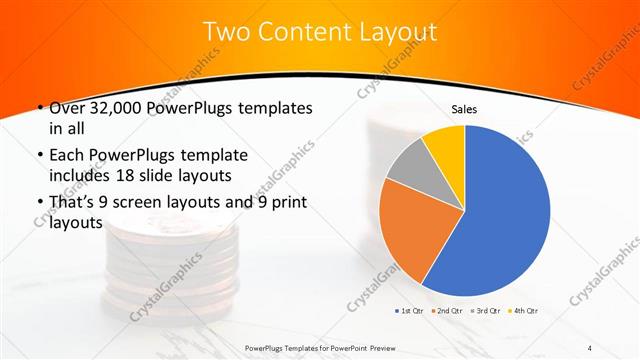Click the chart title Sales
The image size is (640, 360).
464,109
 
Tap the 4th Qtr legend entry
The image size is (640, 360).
527,312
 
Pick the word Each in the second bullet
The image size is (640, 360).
66,156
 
